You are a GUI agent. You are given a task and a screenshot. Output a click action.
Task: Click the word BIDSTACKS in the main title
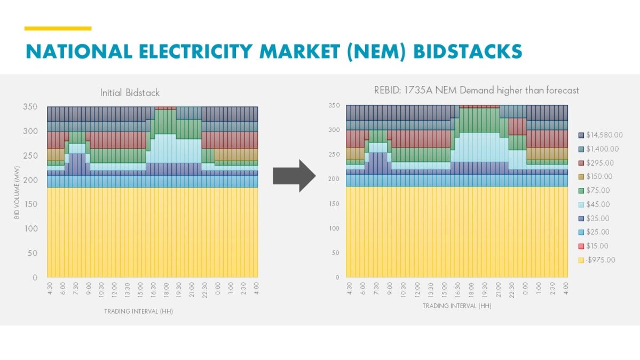click(468, 51)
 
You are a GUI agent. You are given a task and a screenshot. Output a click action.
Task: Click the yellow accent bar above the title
click(58, 28)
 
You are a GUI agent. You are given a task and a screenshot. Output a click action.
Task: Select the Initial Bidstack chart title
click(130, 93)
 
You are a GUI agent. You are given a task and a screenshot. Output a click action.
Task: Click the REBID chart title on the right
click(476, 90)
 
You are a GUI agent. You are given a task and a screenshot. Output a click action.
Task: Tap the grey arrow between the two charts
click(295, 176)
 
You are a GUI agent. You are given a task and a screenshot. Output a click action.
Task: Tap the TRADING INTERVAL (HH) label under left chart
click(138, 311)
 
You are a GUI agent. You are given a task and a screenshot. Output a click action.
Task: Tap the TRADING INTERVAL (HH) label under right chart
click(457, 306)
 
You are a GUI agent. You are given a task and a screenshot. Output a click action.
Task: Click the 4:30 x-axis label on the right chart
click(349, 289)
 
